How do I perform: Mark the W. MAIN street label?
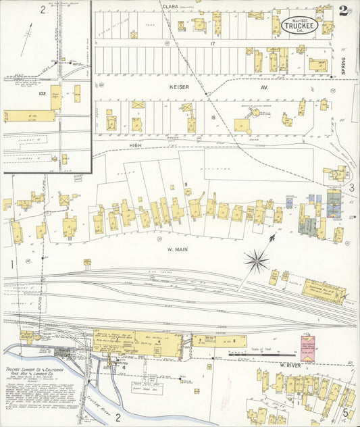click(176, 249)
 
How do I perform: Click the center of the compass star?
click(256, 260)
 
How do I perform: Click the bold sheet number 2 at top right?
click(344, 10)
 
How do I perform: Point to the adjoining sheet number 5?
click(344, 411)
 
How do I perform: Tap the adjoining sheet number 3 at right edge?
click(351, 187)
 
